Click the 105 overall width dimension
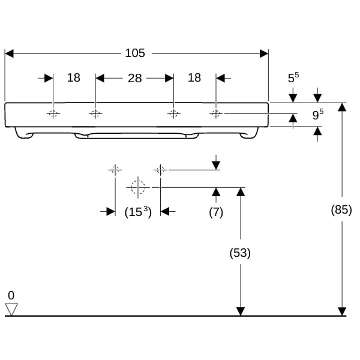pyautogui.click(x=135, y=53)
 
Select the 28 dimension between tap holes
pyautogui.click(x=134, y=78)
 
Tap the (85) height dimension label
pyautogui.click(x=341, y=210)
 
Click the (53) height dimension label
pyautogui.click(x=240, y=253)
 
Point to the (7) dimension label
pyautogui.click(x=216, y=212)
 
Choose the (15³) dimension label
pyautogui.click(x=137, y=212)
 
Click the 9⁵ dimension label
pyautogui.click(x=318, y=114)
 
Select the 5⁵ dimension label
pyautogui.click(x=293, y=78)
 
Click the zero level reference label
pyautogui.click(x=11, y=296)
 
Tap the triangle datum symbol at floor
pyautogui.click(x=11, y=309)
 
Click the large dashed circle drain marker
pyautogui.click(x=138, y=187)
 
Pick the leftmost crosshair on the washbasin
pyautogui.click(x=53, y=113)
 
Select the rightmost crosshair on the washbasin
pyautogui.click(x=216, y=113)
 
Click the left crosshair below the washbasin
pyautogui.click(x=115, y=170)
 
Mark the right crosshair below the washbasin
pyautogui.click(x=160, y=170)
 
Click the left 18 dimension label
pyautogui.click(x=73, y=78)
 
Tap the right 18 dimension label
pyautogui.click(x=194, y=78)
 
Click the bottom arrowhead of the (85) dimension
pyautogui.click(x=342, y=311)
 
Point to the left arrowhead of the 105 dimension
pyautogui.click(x=9, y=53)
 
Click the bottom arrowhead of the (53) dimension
pyautogui.click(x=241, y=311)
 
